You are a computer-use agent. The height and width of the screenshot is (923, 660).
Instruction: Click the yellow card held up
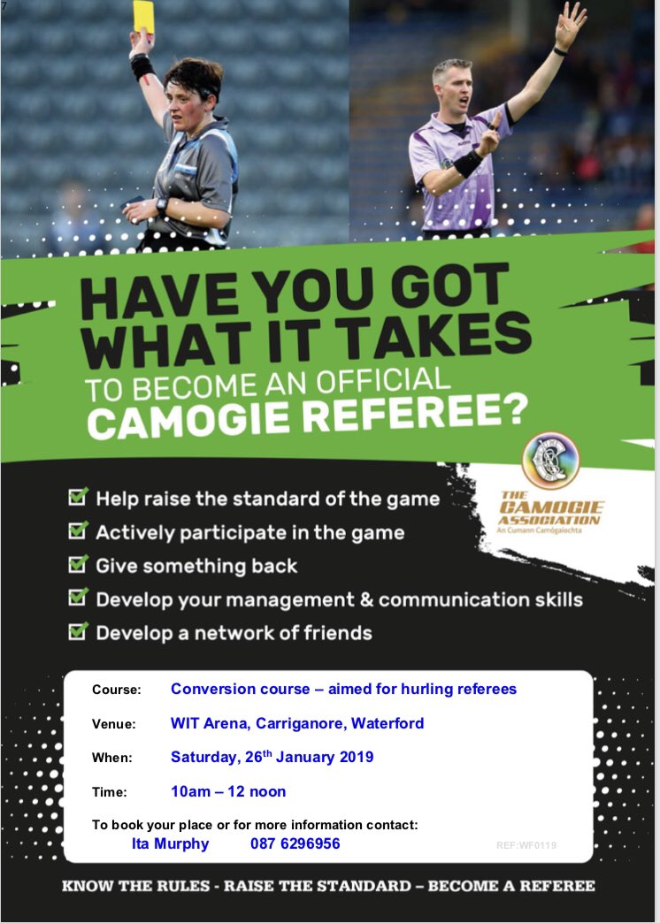pos(143,16)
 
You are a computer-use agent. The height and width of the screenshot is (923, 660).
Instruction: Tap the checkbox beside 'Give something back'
pos(79,564)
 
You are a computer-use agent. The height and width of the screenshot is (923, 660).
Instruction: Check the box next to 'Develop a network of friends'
pos(79,631)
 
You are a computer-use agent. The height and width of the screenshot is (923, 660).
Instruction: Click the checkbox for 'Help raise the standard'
pos(79,498)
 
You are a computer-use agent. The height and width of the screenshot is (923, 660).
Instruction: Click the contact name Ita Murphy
pos(170,843)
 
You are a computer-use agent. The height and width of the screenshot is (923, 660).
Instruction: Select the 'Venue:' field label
pos(114,724)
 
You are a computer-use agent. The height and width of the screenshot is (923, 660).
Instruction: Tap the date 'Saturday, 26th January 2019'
pos(272,757)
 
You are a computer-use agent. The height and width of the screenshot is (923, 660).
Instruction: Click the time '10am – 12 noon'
pos(228,791)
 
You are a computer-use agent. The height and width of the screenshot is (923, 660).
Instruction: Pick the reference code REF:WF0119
pos(526,845)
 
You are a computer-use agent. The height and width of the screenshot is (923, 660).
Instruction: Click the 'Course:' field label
pos(116,690)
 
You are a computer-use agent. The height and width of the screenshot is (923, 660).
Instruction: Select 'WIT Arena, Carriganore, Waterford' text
pos(297,723)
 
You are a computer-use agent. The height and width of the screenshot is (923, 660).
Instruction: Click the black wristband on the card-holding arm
pos(142,66)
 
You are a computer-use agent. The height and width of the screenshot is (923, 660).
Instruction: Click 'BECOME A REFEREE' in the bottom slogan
pos(511,885)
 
